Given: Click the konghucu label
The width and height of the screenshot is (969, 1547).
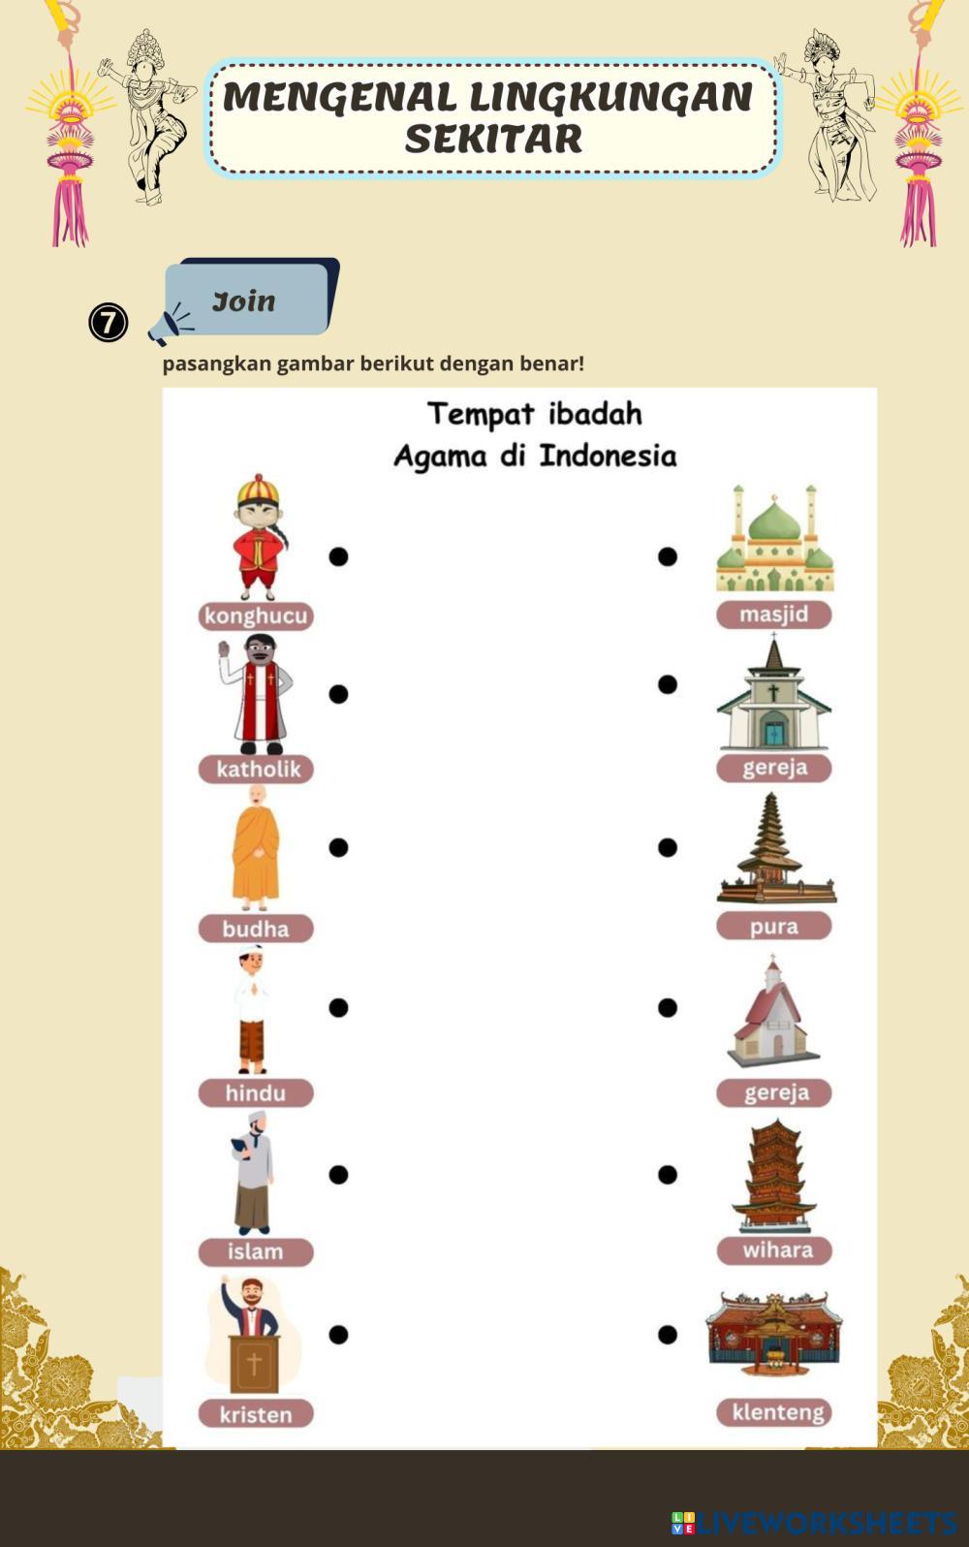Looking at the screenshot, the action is [256, 616].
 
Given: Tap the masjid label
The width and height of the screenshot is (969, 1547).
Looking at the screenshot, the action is [773, 614].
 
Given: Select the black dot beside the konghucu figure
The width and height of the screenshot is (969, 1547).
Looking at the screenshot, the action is [338, 556].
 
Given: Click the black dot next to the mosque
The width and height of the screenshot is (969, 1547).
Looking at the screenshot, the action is [668, 556].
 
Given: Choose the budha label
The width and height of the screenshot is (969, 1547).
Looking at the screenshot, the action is [256, 929].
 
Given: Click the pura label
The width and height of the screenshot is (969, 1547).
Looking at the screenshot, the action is [773, 926].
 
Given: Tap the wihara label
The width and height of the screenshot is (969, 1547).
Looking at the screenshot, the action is [774, 1250].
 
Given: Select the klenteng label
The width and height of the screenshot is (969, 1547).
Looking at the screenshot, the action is [774, 1412].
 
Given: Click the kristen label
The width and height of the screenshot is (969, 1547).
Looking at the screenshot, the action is [256, 1415].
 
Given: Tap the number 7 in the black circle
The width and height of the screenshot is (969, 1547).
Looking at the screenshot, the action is [109, 323].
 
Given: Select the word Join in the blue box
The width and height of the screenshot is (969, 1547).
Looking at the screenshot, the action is [243, 301].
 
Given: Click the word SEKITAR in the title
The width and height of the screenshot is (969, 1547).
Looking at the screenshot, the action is [493, 139].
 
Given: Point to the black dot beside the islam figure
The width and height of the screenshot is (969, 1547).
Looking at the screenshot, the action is [338, 1175].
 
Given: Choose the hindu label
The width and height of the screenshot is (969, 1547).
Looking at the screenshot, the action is [256, 1093].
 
